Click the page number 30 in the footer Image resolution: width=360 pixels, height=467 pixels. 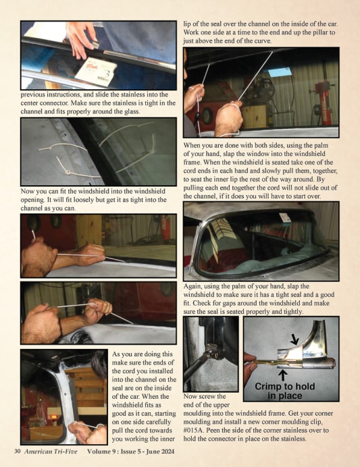[x=18, y=451]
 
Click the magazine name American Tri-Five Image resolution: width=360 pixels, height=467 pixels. [x=51, y=451]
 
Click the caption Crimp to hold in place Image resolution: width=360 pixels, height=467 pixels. [x=285, y=391]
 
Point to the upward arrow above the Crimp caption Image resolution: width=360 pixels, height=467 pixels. [x=283, y=375]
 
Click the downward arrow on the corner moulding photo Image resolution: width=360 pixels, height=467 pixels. [x=294, y=339]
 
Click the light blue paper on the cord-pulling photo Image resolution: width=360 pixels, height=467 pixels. [x=280, y=72]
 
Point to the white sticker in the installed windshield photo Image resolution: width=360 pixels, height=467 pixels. [x=284, y=217]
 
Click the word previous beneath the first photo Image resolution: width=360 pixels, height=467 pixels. [x=32, y=94]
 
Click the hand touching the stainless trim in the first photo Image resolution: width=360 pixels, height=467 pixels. [x=81, y=40]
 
